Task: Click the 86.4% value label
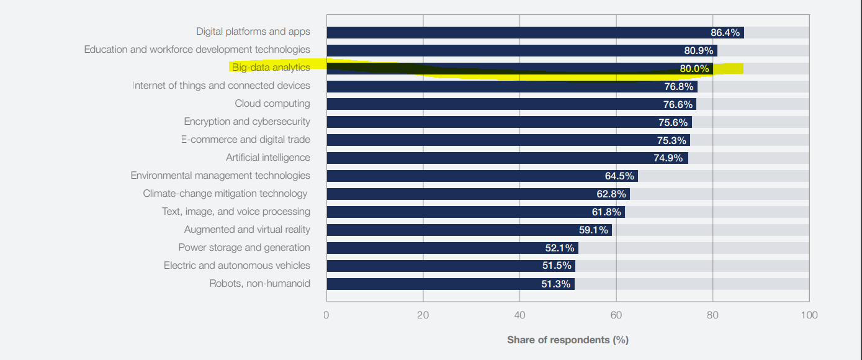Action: [725, 33]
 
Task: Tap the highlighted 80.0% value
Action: [694, 69]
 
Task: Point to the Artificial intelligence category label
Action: [267, 158]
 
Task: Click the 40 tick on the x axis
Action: [519, 315]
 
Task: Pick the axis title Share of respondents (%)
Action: [567, 340]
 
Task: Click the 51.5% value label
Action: [557, 266]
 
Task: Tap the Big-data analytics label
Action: [271, 68]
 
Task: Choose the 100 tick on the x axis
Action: [809, 315]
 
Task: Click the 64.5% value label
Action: [619, 176]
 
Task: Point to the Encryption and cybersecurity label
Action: [247, 122]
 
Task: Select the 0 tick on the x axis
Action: [326, 315]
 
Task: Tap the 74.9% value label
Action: [668, 158]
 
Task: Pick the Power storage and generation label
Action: [244, 248]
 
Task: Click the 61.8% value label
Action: [606, 212]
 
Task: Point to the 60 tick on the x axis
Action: [616, 315]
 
